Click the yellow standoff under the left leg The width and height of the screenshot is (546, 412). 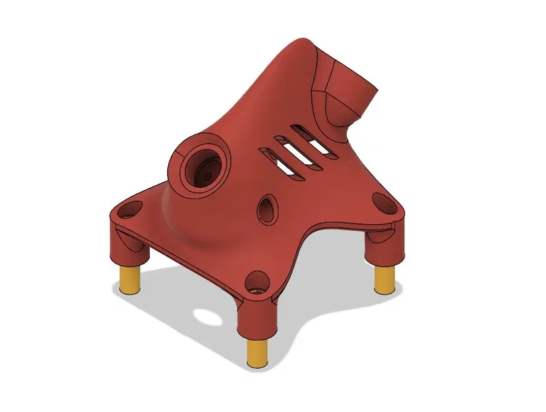coord(131,280)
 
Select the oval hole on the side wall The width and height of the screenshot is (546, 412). coord(267,210)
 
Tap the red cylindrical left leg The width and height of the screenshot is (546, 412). coord(127,245)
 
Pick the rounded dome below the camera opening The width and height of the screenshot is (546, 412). coord(191,224)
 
